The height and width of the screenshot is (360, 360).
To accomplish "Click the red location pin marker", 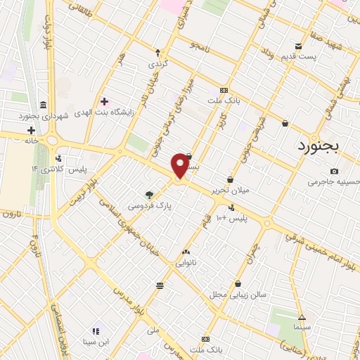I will pyautogui.click(x=180, y=166).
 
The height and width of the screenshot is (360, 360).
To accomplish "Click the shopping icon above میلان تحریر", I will pyautogui.click(x=230, y=179).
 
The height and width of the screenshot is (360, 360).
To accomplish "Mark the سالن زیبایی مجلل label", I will pyautogui.click(x=238, y=295).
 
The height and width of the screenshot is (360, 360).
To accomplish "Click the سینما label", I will pyautogui.click(x=301, y=328).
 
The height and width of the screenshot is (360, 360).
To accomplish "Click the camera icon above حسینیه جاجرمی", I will pyautogui.click(x=334, y=171).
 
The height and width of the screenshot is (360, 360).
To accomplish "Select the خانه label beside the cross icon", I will pyautogui.click(x=12, y=140).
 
